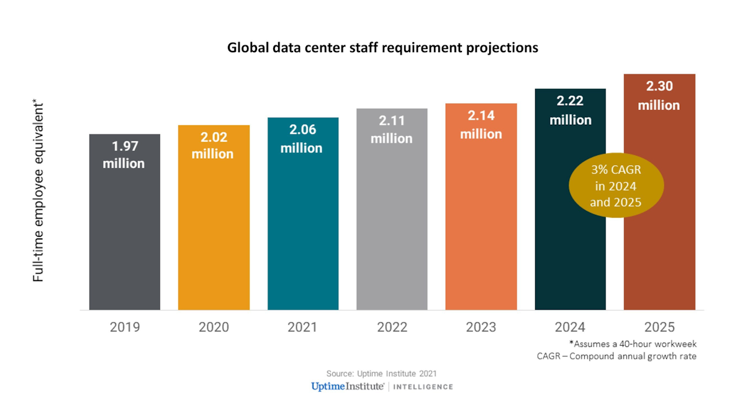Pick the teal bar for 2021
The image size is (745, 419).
[303, 236]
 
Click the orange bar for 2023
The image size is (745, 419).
[481, 236]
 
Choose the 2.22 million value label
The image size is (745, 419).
[570, 110]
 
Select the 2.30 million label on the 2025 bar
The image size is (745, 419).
[659, 96]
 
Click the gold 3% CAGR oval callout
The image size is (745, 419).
[609, 186]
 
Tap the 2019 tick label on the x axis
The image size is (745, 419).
[125, 327]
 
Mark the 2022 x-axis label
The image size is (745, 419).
[392, 327]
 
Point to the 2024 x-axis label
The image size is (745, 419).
[570, 327]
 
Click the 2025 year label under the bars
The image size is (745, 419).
[659, 327]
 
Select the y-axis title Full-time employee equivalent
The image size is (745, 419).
[38, 190]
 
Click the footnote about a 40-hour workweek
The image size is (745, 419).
[633, 343]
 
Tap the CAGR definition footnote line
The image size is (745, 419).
[616, 356]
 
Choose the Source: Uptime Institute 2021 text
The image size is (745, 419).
[382, 374]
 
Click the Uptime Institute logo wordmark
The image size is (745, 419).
[348, 387]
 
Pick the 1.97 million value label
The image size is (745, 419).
[124, 155]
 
